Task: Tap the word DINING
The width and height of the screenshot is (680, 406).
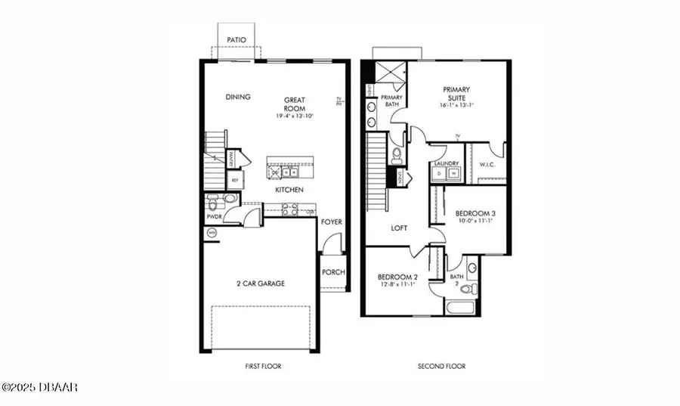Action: pyautogui.click(x=238, y=97)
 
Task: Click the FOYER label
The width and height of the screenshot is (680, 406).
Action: pyautogui.click(x=331, y=222)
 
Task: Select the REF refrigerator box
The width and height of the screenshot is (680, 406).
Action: pyautogui.click(x=235, y=180)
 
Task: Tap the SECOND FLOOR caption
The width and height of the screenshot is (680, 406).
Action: pyautogui.click(x=442, y=367)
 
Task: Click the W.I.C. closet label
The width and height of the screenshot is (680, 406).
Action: pyautogui.click(x=485, y=163)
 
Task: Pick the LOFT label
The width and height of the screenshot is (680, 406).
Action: pyautogui.click(x=400, y=228)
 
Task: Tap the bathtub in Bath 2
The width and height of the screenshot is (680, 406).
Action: pyautogui.click(x=460, y=308)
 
